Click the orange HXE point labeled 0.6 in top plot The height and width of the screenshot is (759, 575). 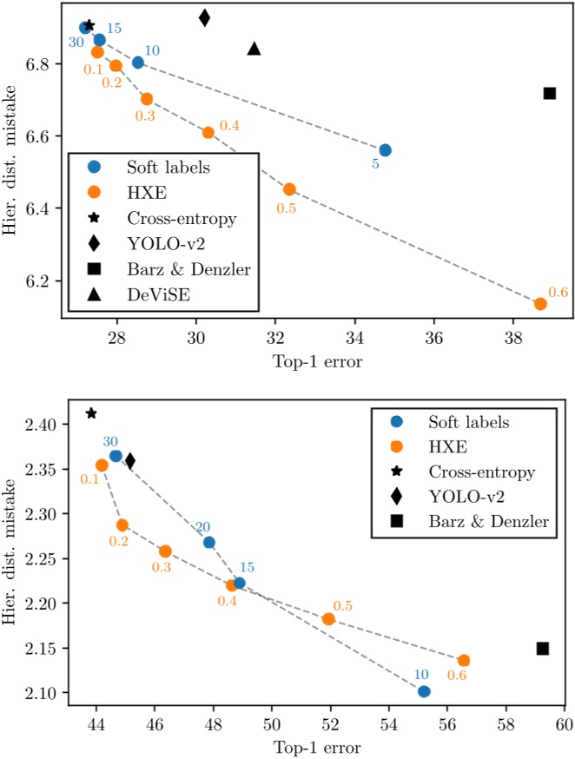point(540,304)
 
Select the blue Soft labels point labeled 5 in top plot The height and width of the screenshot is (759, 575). point(385,150)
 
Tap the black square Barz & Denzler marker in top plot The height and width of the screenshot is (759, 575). point(549,93)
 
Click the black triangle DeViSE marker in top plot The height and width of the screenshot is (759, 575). point(254,49)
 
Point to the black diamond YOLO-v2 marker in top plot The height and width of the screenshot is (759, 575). point(204,17)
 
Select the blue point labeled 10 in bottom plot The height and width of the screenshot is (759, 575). point(424,691)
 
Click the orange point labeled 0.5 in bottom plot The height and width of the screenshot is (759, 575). point(328,619)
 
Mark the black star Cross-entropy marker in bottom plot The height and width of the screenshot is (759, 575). point(91,413)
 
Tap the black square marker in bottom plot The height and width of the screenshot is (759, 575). point(543,648)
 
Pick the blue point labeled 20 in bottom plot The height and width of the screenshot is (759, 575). point(208,543)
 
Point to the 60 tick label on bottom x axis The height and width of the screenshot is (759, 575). point(565,723)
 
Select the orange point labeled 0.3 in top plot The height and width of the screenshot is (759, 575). point(147,99)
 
